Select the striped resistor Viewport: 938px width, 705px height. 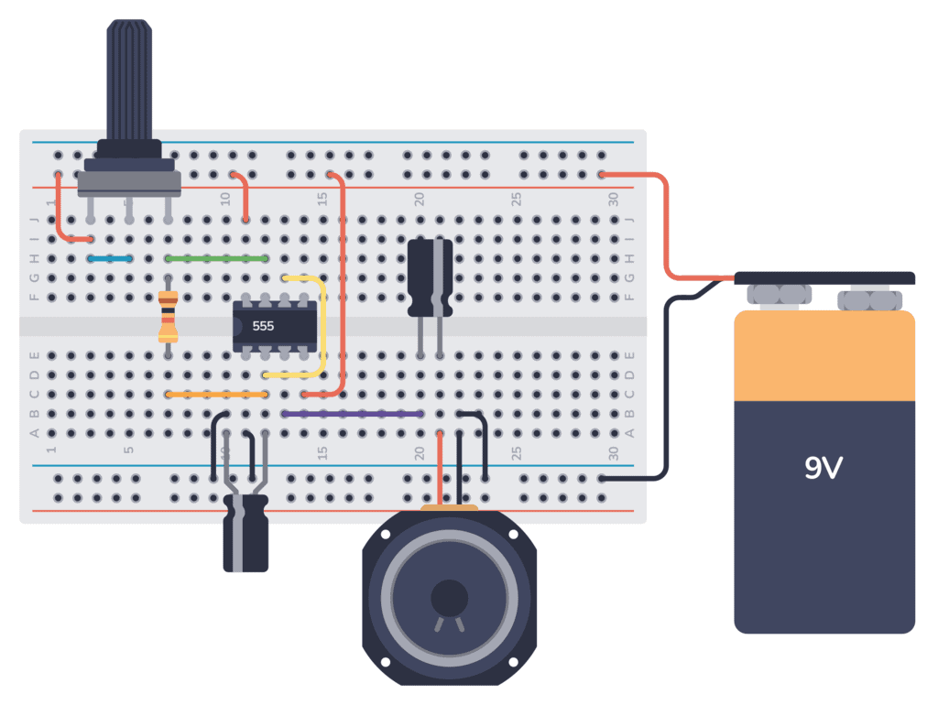(x=168, y=316)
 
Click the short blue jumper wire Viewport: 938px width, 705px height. (x=110, y=259)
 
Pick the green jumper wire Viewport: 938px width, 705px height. (x=217, y=259)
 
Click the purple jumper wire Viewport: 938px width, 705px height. (x=353, y=414)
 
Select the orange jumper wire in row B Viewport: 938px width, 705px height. (x=217, y=395)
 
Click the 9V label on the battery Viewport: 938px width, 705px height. (x=823, y=468)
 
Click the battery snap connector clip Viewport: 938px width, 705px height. (x=824, y=278)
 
